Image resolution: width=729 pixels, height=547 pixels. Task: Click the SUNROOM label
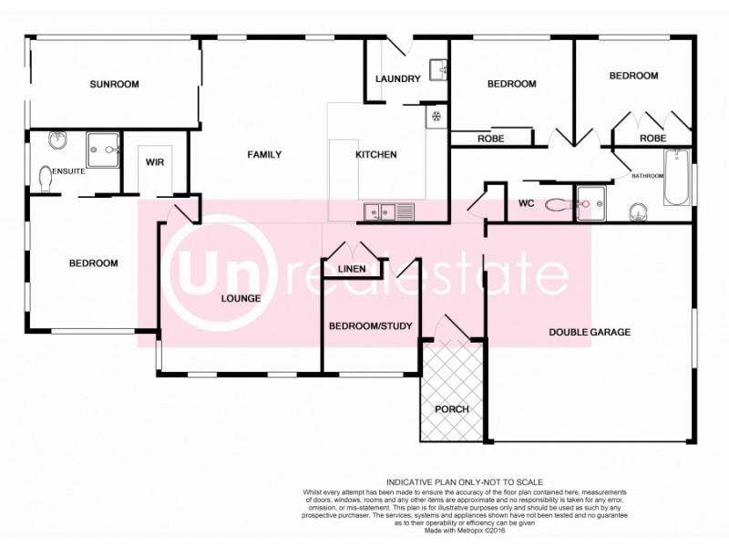[114, 85]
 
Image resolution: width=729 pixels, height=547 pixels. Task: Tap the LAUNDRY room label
[398, 79]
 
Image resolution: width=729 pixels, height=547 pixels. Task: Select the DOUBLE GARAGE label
[589, 332]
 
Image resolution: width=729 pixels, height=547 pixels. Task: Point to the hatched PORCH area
[451, 392]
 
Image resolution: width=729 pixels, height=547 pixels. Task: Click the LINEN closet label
[351, 270]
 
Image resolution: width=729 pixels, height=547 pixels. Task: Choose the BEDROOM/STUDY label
[370, 326]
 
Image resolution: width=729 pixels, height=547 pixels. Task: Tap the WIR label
[154, 162]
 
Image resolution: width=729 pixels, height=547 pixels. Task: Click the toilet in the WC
[559, 205]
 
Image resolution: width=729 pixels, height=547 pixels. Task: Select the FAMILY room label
[264, 155]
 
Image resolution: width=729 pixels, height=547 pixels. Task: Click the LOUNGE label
[241, 298]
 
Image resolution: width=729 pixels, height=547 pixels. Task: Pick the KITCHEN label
[375, 155]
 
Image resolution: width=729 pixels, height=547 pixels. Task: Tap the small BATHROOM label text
[648, 176]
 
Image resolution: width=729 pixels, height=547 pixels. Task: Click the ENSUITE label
[68, 170]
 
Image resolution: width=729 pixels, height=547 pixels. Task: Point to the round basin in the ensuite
[56, 141]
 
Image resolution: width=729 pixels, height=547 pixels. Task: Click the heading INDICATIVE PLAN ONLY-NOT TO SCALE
[465, 481]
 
